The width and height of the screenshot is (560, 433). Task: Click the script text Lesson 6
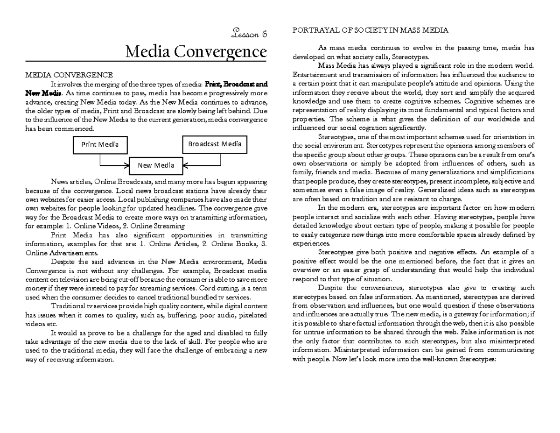[249, 33]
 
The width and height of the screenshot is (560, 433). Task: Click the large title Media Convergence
[196, 51]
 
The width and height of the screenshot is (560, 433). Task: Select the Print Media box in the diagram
[100, 144]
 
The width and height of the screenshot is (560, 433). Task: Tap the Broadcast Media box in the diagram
[215, 144]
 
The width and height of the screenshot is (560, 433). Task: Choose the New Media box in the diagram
[156, 165]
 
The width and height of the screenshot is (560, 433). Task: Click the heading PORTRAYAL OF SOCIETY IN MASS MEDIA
[370, 30]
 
